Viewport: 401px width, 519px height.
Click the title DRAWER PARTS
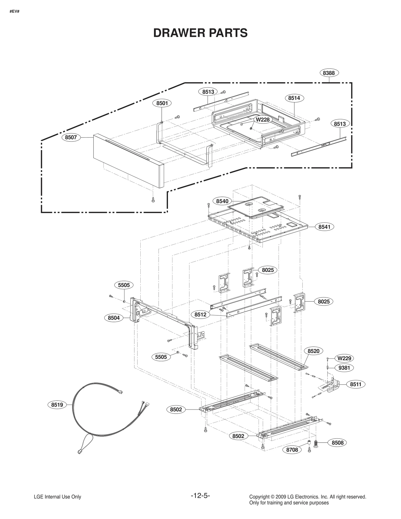[200, 33]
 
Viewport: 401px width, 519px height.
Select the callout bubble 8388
[329, 73]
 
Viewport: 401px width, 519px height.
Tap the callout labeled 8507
[71, 137]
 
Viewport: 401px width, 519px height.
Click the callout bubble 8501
[162, 103]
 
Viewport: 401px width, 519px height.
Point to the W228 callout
[262, 120]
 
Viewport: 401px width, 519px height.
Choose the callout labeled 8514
[294, 98]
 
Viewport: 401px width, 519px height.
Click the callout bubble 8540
[222, 201]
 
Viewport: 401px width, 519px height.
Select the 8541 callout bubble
[324, 227]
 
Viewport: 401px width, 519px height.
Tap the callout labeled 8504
[114, 318]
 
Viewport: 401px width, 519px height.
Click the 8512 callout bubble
[200, 315]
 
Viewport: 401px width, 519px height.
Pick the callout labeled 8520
[313, 351]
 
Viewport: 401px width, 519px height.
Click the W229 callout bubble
[344, 358]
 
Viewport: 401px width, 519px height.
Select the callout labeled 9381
[344, 368]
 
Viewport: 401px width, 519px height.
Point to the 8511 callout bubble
[356, 384]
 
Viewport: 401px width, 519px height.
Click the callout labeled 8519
[57, 405]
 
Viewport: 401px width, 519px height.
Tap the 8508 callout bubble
[337, 443]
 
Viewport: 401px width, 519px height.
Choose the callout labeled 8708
[292, 450]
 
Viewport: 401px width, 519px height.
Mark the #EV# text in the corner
[15, 12]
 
